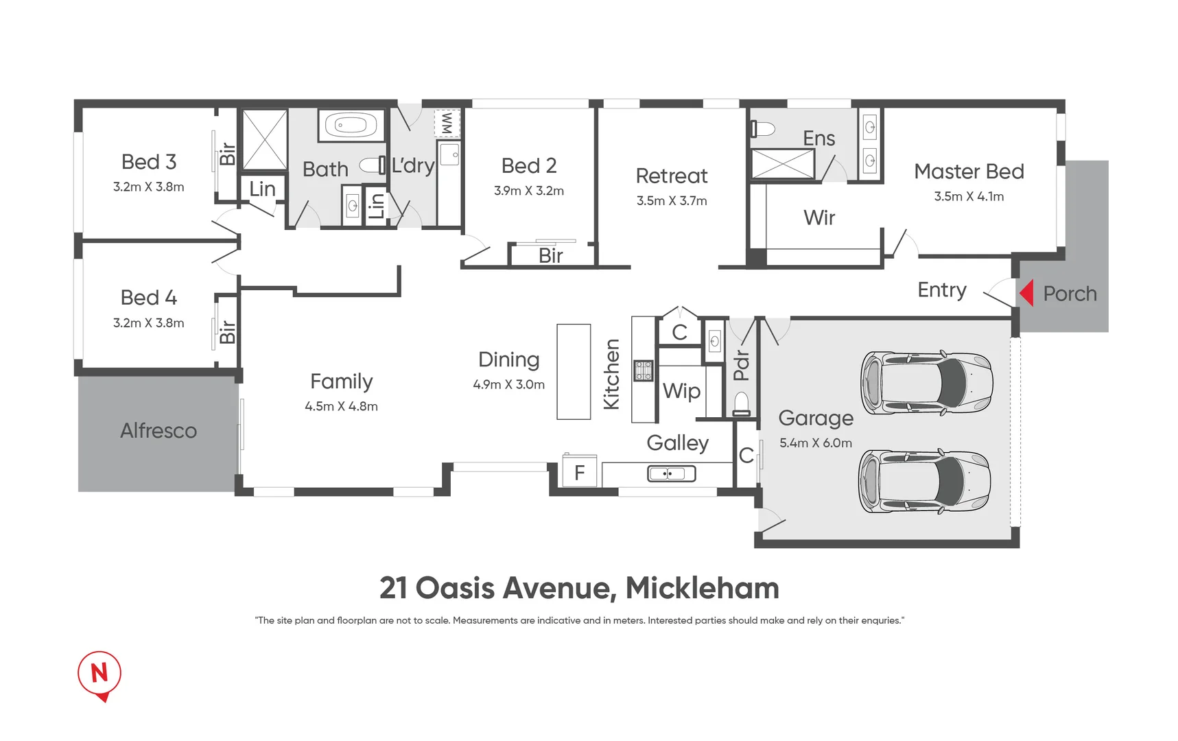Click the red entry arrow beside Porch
(1027, 293)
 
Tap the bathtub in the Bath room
(351, 126)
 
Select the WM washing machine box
(447, 123)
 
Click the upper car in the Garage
(927, 383)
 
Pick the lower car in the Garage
(926, 482)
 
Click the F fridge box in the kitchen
(580, 472)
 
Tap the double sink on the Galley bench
(671, 473)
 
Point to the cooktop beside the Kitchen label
(643, 370)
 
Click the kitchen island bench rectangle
(574, 371)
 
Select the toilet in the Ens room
(762, 129)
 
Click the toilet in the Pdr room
(742, 403)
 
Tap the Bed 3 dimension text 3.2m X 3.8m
(148, 187)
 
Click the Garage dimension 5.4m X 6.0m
(815, 443)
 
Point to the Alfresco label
(158, 431)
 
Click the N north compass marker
(99, 674)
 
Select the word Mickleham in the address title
(702, 588)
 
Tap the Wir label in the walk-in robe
(818, 218)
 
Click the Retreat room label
(671, 176)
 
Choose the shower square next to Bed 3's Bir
(265, 139)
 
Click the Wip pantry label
(681, 391)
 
